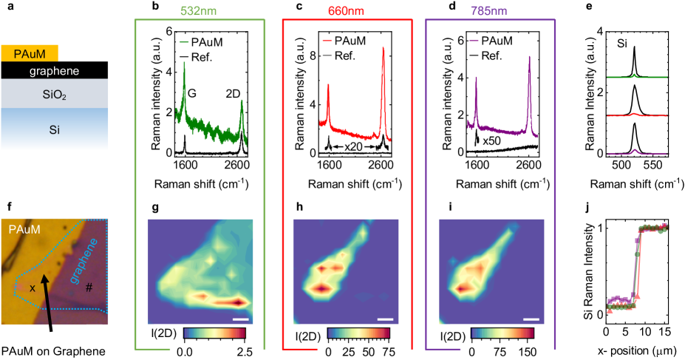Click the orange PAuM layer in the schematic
pos(29,53)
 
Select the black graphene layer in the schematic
pos(55,70)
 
